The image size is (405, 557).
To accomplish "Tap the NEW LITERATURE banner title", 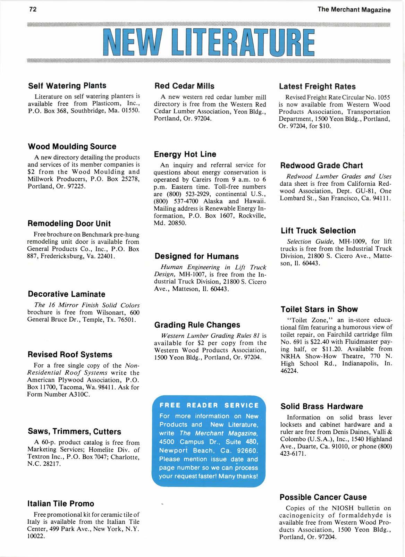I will [x=208, y=43].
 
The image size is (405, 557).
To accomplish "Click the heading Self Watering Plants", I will [x=67, y=85].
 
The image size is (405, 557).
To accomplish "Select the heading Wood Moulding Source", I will [x=72, y=146].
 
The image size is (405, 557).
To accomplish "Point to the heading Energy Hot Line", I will [x=185, y=154].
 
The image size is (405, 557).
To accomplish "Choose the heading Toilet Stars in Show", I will [x=319, y=309].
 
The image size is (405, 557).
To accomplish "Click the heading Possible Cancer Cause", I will [x=323, y=497].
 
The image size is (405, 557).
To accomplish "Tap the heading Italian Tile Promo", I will [x=61, y=504].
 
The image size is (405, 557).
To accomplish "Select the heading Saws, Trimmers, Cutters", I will [x=74, y=432].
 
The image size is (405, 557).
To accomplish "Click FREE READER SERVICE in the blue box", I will [x=209, y=405].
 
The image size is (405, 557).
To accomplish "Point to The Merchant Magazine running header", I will [x=354, y=10].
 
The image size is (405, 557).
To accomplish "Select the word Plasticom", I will [x=108, y=103].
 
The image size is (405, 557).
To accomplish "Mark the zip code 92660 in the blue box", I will [x=247, y=450].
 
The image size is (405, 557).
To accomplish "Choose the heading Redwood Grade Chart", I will [x=321, y=166].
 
